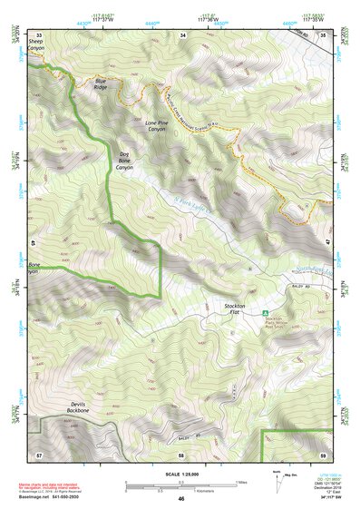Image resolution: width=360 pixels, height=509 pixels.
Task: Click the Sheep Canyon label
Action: (x=35, y=46)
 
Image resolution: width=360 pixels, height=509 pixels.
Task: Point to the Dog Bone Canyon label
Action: (x=125, y=161)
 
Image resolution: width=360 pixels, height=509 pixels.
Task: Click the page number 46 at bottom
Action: (x=181, y=499)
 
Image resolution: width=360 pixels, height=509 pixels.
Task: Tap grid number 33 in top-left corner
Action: (x=39, y=34)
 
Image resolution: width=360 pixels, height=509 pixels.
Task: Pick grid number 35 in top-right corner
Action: (x=324, y=34)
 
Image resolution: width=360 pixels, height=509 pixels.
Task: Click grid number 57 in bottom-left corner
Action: (x=39, y=453)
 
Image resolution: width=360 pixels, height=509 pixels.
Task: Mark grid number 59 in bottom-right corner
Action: (x=324, y=453)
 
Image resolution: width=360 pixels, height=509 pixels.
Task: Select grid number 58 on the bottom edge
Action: (x=180, y=453)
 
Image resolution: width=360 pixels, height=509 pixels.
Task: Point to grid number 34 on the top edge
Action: (x=182, y=34)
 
